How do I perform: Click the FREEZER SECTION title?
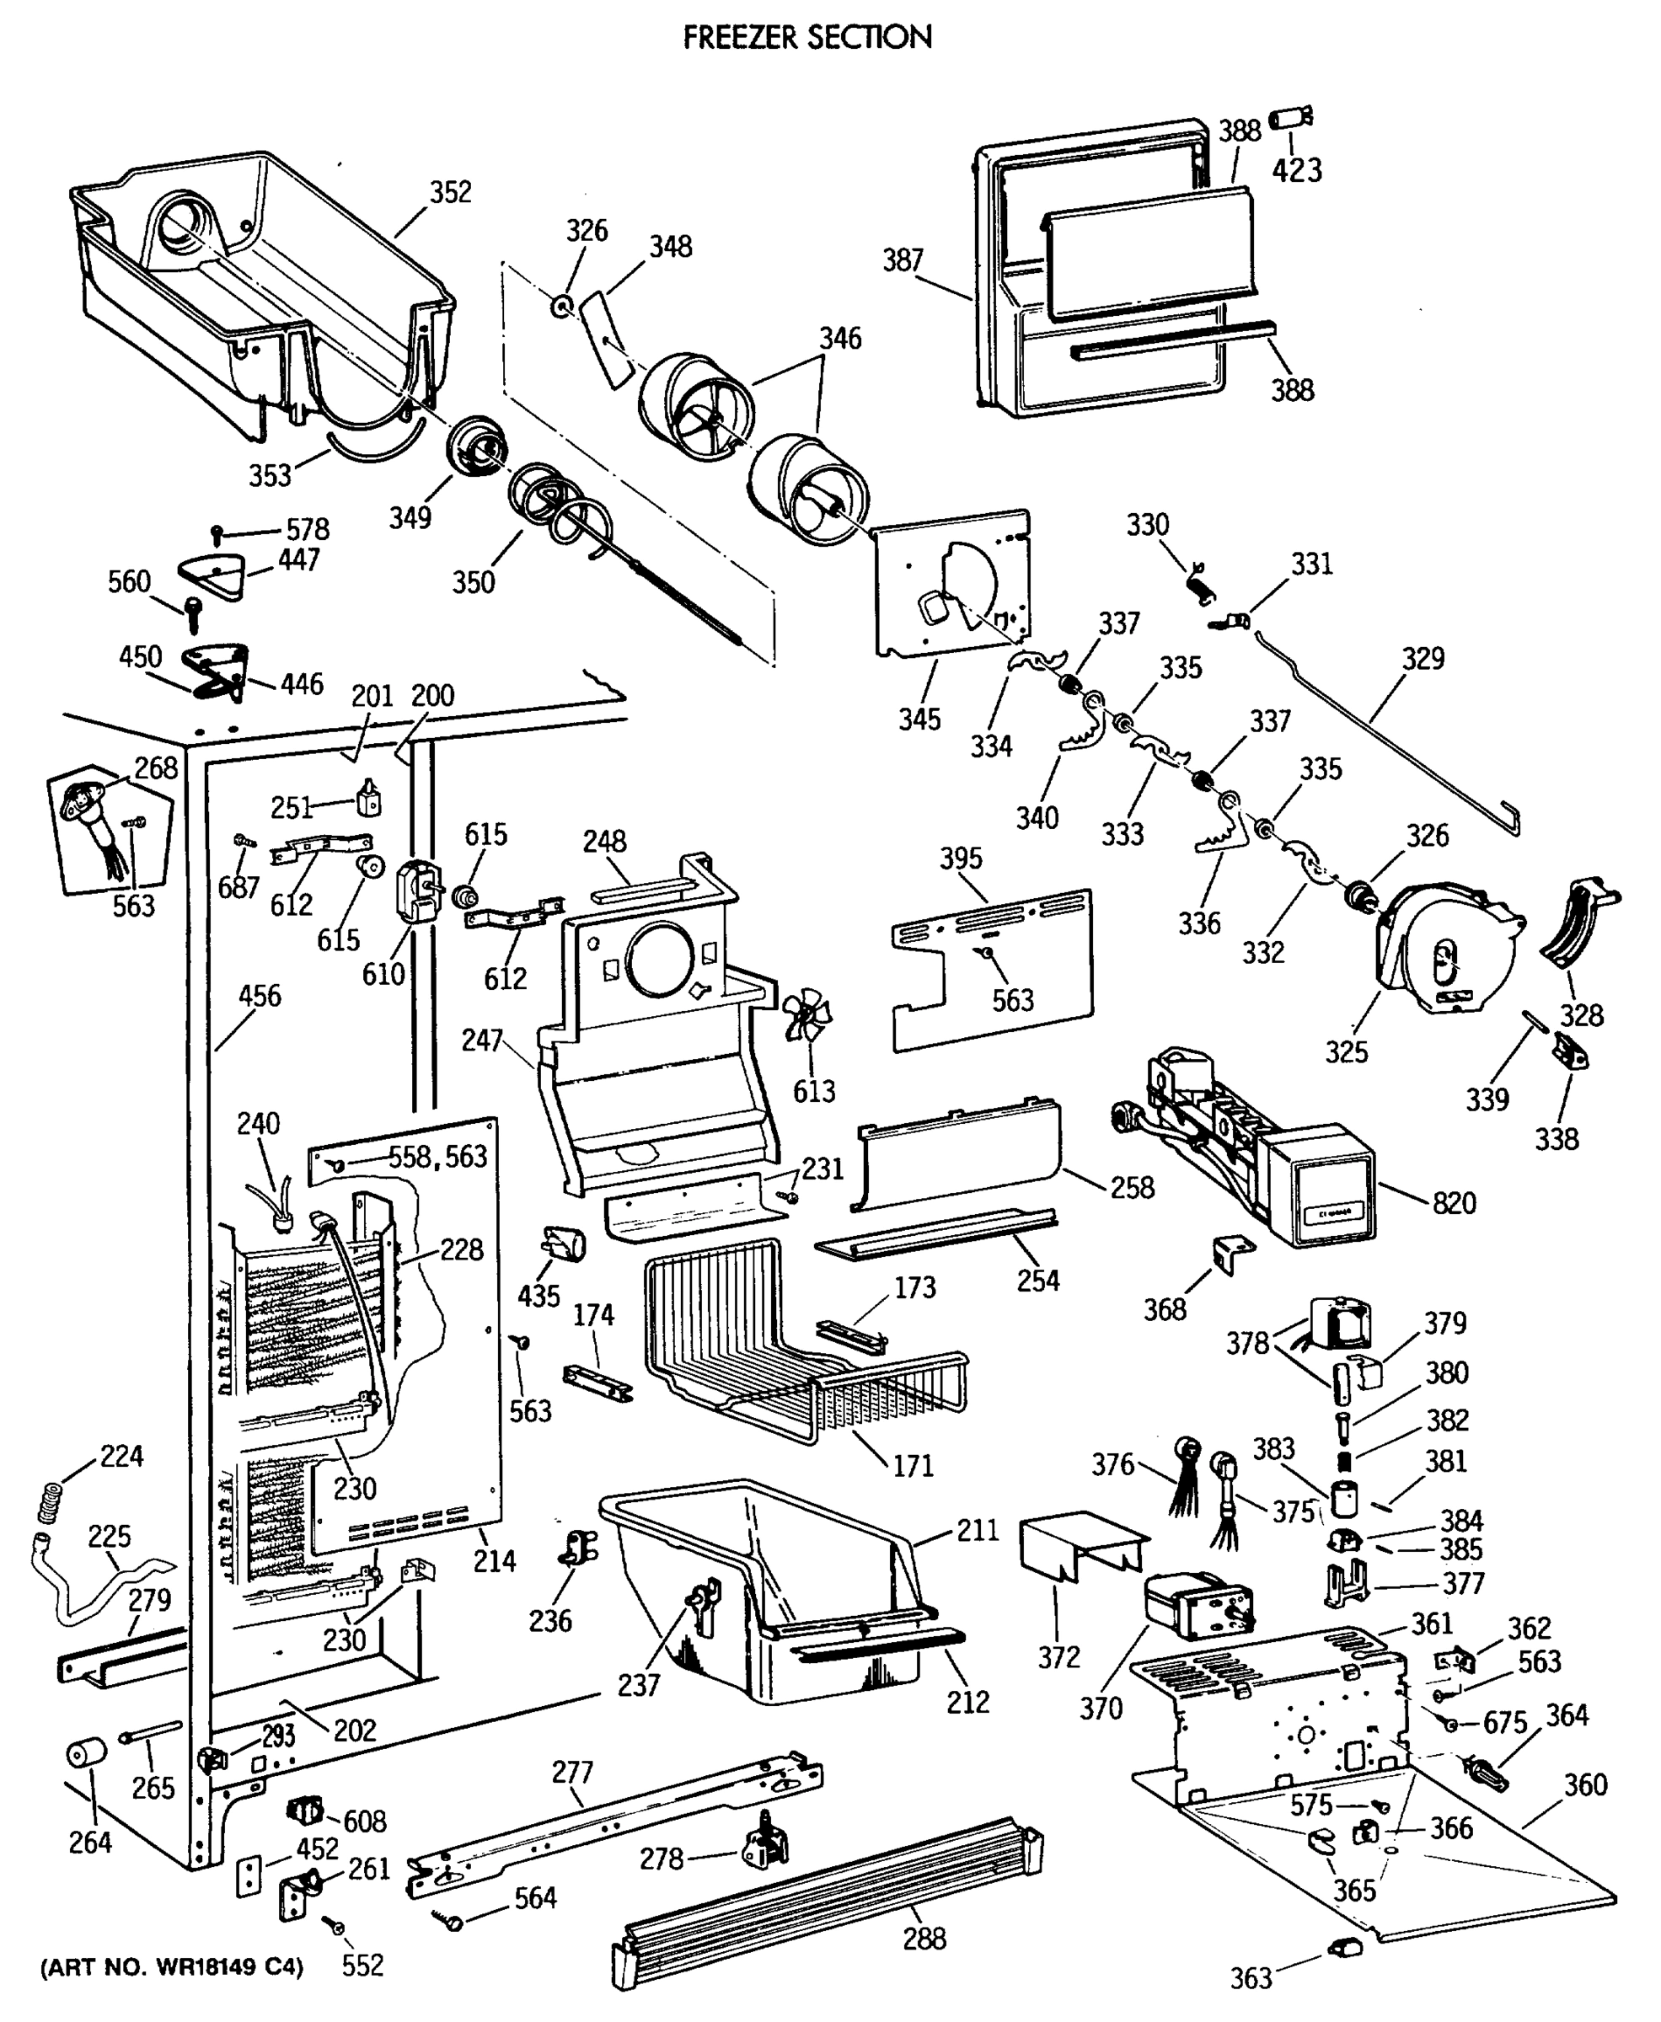pos(806,37)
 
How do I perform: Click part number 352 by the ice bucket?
pos(450,192)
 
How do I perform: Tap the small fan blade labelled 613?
pos(807,1015)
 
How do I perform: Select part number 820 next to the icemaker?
pos(1454,1202)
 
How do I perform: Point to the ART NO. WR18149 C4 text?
pos(171,1967)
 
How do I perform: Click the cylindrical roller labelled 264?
pos(85,1755)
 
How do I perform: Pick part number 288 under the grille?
pos(924,1939)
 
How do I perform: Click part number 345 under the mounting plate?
pos(919,719)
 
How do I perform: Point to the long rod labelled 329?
pos(1387,727)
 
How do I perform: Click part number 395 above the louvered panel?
pos(960,858)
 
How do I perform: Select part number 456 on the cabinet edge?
pos(260,996)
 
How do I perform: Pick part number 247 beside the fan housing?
pos(481,1040)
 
